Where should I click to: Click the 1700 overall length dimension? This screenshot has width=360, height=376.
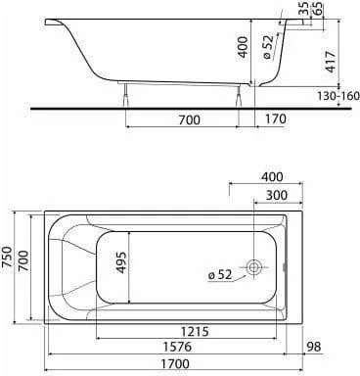point(174,363)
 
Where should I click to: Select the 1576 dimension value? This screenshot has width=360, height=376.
point(177,347)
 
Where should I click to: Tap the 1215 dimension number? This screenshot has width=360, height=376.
point(195,332)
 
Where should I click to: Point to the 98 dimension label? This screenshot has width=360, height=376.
point(314,347)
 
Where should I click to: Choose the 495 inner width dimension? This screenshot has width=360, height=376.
point(121,262)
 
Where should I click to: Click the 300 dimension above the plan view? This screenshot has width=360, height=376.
point(277,195)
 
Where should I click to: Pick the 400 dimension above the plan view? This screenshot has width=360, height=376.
point(272,177)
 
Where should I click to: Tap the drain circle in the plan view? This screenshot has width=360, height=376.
point(253,267)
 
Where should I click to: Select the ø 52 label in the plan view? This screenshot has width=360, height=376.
point(220,275)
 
